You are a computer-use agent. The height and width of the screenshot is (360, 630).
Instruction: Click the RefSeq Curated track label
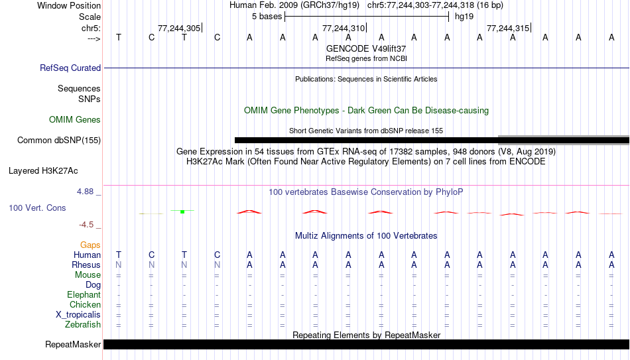pyautogui.click(x=70, y=68)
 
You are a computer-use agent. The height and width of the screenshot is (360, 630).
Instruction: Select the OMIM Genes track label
pyautogui.click(x=75, y=120)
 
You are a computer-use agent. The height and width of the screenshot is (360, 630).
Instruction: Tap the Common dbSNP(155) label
pyautogui.click(x=59, y=141)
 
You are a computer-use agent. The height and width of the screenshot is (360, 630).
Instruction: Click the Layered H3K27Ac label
pyautogui.click(x=43, y=171)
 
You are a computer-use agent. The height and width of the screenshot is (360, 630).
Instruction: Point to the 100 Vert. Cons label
pyautogui.click(x=37, y=208)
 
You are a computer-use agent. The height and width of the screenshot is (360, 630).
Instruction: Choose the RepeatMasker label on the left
pyautogui.click(x=73, y=344)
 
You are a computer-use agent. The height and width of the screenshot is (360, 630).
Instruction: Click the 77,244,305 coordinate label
pyautogui.click(x=179, y=28)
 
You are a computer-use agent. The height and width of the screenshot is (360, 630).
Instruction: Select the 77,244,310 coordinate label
pyautogui.click(x=344, y=28)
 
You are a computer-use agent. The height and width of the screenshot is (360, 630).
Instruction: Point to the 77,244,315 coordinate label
pyautogui.click(x=508, y=28)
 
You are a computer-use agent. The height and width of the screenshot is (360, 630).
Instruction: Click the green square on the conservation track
pyautogui.click(x=182, y=211)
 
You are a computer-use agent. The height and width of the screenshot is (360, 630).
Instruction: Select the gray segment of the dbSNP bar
pyautogui.click(x=564, y=141)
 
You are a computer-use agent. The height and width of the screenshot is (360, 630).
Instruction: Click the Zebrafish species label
pyautogui.click(x=83, y=324)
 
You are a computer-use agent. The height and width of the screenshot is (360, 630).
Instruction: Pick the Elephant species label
pyautogui.click(x=84, y=294)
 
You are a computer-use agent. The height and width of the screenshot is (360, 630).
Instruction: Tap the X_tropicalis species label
pyautogui.click(x=78, y=315)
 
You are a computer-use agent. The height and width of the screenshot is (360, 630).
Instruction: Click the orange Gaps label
pyautogui.click(x=90, y=245)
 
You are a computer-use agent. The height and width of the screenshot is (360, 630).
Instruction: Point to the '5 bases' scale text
pyautogui.click(x=267, y=17)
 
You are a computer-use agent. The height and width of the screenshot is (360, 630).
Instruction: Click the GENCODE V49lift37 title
pyautogui.click(x=366, y=48)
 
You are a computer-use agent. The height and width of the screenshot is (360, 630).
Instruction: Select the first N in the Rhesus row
pyautogui.click(x=119, y=265)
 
